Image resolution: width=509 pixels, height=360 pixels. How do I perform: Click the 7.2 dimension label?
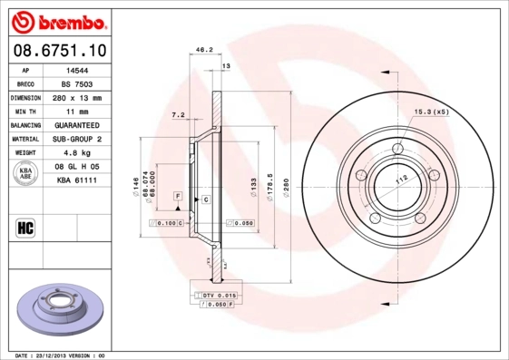pos(178,115)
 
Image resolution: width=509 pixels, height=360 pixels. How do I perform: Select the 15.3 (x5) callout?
pos(431,112)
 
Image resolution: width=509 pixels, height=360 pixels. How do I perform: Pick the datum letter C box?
pos(206,199)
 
